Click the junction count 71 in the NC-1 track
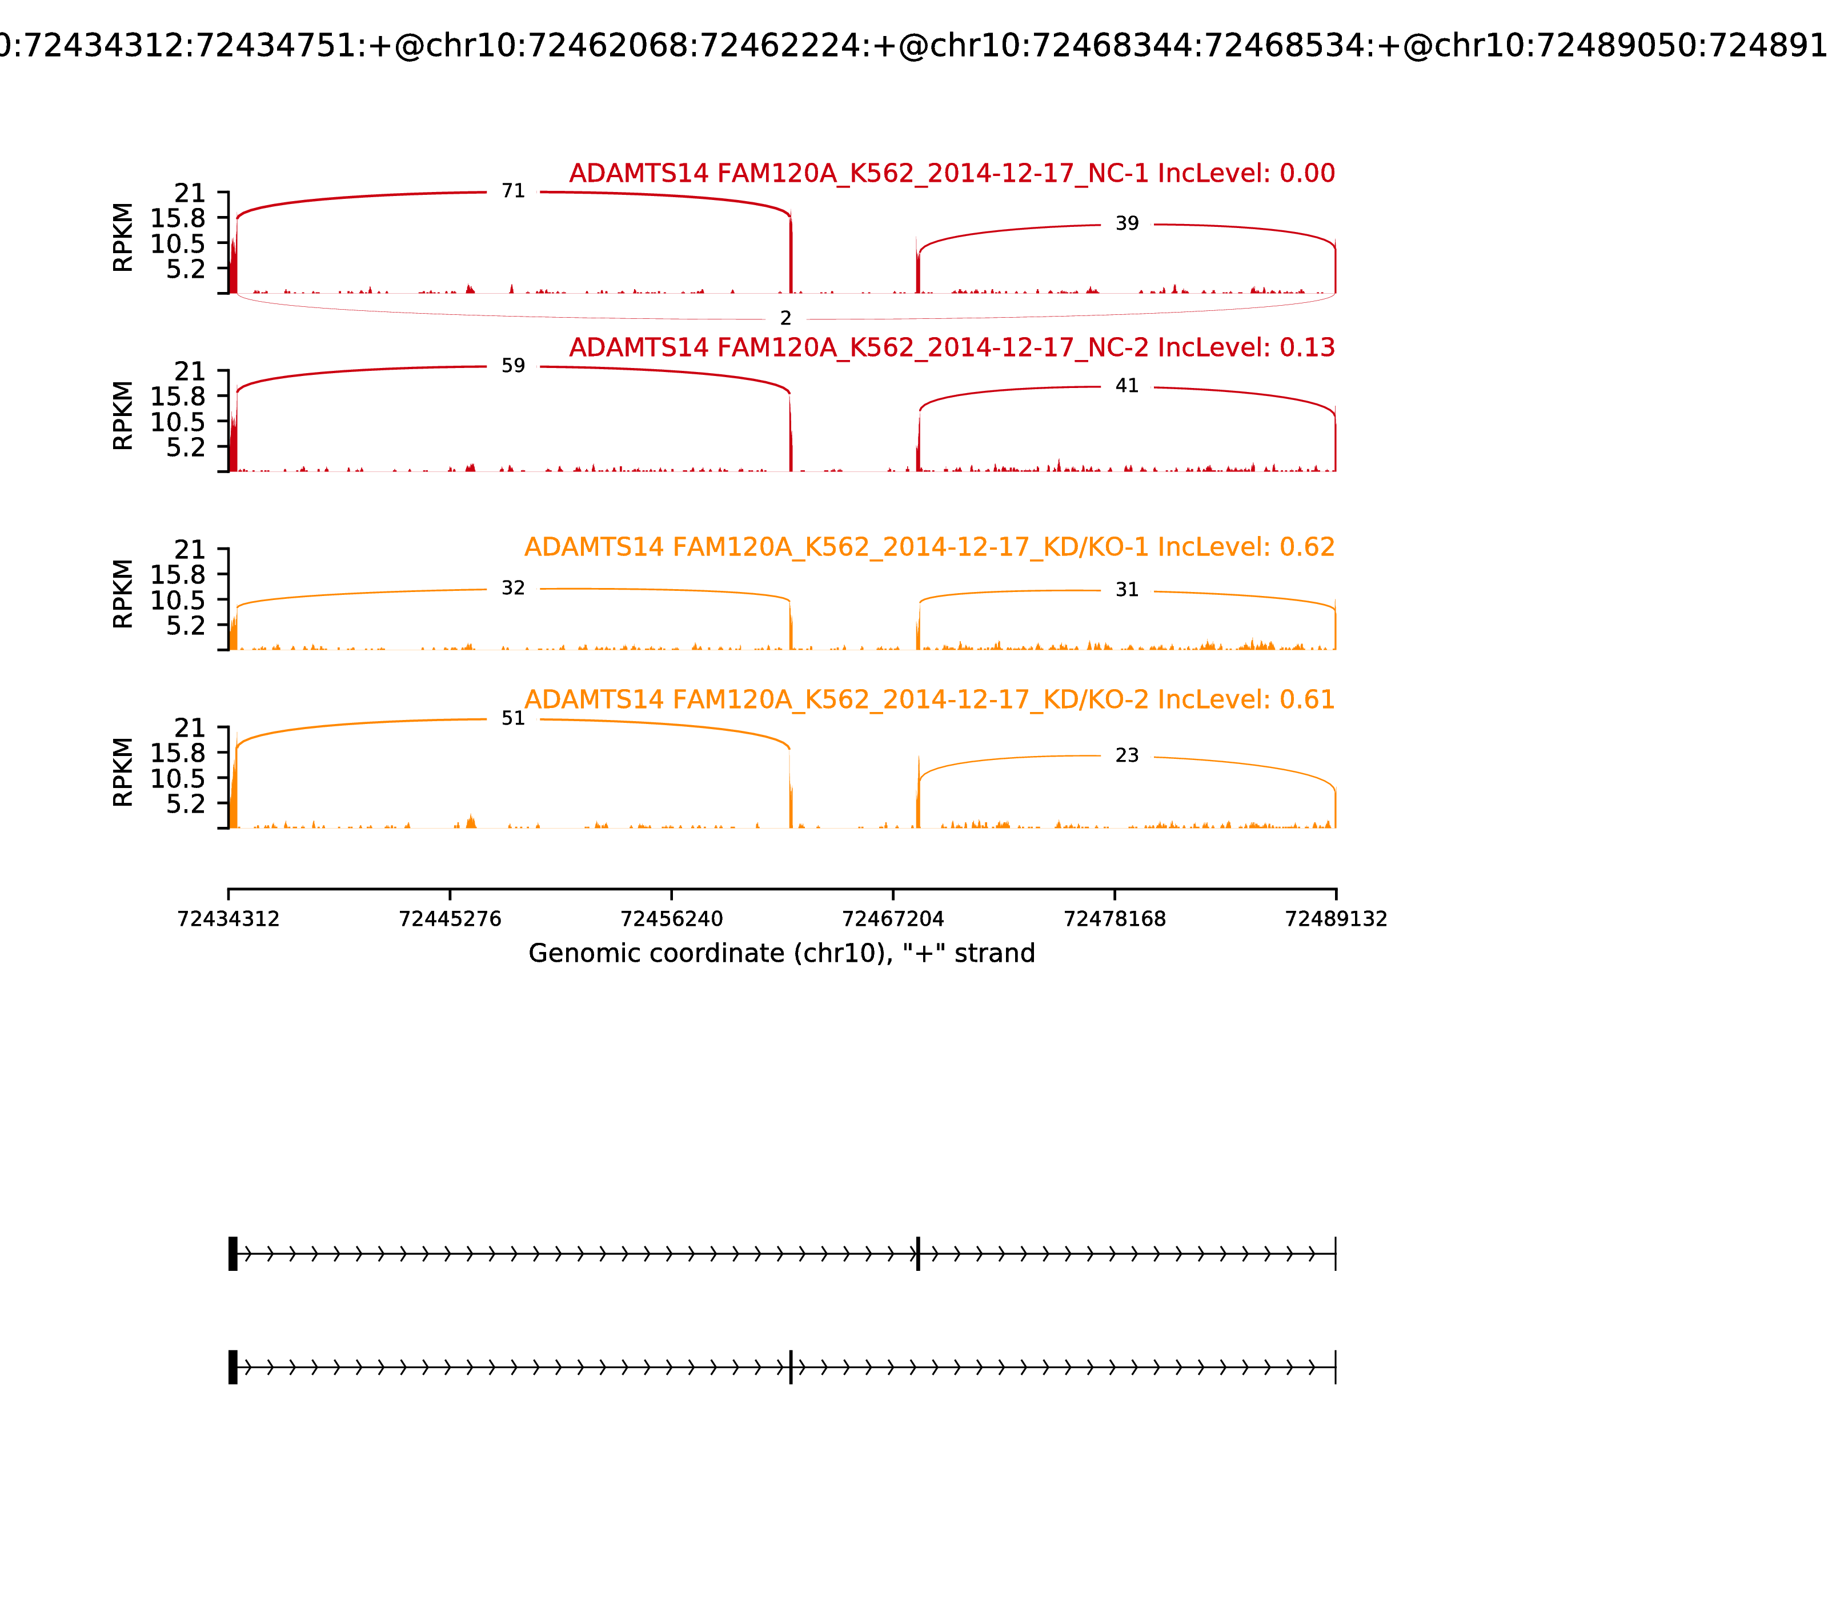512,191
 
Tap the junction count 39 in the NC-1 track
1127,224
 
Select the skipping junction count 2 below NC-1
785,319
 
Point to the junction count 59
512,366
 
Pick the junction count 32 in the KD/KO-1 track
512,589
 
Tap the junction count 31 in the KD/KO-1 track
1127,590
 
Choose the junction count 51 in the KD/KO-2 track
512,719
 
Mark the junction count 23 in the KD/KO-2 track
1127,756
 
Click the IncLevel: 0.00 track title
952,173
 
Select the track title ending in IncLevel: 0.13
952,347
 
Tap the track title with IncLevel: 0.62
929,547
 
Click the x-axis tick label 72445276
450,919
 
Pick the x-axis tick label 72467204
892,919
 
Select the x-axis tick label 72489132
1336,919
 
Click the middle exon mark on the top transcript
917,1254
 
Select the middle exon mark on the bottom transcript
790,1367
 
